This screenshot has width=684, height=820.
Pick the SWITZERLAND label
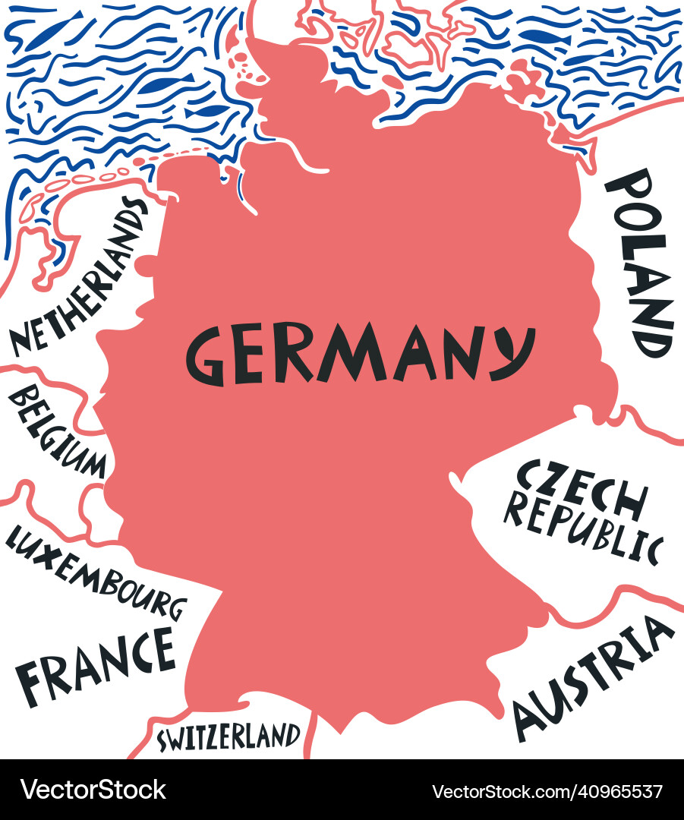[228, 736]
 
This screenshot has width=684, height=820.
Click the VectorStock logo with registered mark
[93, 790]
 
